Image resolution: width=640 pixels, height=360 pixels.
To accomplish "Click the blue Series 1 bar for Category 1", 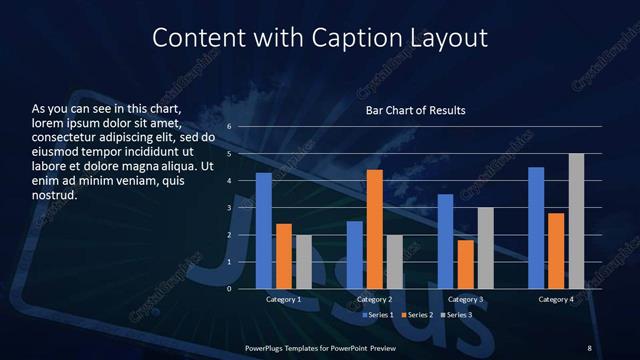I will coord(264,231).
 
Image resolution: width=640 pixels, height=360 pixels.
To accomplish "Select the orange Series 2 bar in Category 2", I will coord(375,229).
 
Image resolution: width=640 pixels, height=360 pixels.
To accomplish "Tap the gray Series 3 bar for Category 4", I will coord(576,221).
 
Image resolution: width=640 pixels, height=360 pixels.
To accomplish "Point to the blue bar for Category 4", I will coord(536,228).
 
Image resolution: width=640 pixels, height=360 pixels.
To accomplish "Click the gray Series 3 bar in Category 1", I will coord(304,262).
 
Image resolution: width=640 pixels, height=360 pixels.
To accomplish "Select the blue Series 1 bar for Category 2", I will coord(355,255).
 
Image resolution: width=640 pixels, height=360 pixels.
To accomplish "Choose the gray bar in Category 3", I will coord(485,248).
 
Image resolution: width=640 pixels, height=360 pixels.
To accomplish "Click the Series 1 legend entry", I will coord(377,315).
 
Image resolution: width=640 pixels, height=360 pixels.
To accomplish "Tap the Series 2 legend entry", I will coord(416,315).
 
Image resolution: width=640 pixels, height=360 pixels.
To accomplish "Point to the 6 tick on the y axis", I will coord(229,127).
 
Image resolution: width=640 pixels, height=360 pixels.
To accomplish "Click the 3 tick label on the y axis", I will coord(229,208).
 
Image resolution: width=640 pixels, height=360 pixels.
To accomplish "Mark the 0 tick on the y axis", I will coord(229,289).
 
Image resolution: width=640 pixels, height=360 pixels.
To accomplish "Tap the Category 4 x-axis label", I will coord(556,300).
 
